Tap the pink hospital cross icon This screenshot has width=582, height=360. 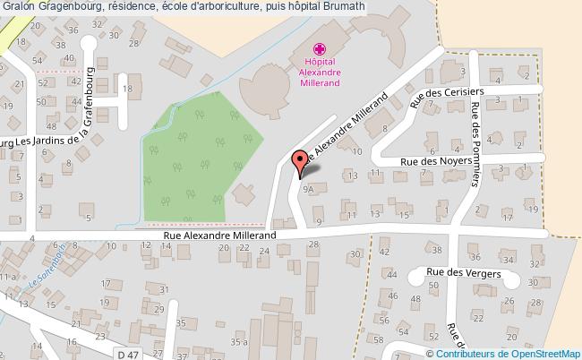point(320,49)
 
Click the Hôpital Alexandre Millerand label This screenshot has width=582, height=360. point(320,71)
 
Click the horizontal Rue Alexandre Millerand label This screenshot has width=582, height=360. point(219,236)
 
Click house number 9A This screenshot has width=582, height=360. point(309,190)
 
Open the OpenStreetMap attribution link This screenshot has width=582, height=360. point(527,353)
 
